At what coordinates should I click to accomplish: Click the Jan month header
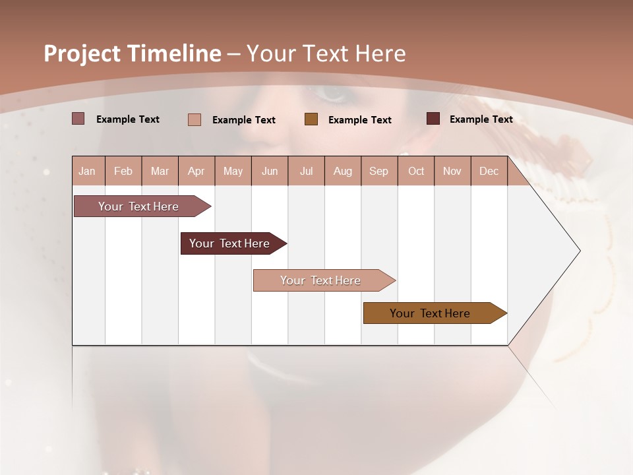(x=87, y=172)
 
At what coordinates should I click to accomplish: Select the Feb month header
(x=123, y=172)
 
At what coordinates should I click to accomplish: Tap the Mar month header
(x=160, y=172)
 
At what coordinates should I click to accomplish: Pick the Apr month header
(x=196, y=172)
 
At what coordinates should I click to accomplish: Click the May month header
(x=233, y=172)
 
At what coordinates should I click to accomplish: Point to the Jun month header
(x=270, y=172)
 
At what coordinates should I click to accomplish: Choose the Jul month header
(x=306, y=172)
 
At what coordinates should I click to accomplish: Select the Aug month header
(x=343, y=172)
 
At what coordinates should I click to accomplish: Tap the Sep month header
(x=379, y=172)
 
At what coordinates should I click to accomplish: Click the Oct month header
(x=416, y=172)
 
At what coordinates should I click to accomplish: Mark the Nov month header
(x=452, y=172)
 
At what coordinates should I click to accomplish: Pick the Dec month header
(x=489, y=172)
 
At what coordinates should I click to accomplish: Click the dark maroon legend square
(x=433, y=119)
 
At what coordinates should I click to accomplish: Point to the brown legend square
(x=311, y=119)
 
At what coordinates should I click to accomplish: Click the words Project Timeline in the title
(x=133, y=53)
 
